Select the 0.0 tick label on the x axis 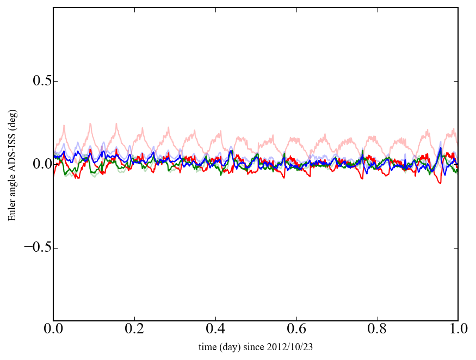(x=53, y=330)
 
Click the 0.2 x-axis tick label (x=134, y=330)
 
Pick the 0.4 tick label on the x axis (x=215, y=330)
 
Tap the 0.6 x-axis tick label (x=296, y=330)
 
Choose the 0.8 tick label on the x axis (x=377, y=330)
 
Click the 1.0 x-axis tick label (x=458, y=330)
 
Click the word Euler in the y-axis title (x=12, y=210)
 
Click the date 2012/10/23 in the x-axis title (x=292, y=346)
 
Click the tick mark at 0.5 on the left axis (x=55, y=81)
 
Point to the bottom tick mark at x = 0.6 (x=296, y=319)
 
